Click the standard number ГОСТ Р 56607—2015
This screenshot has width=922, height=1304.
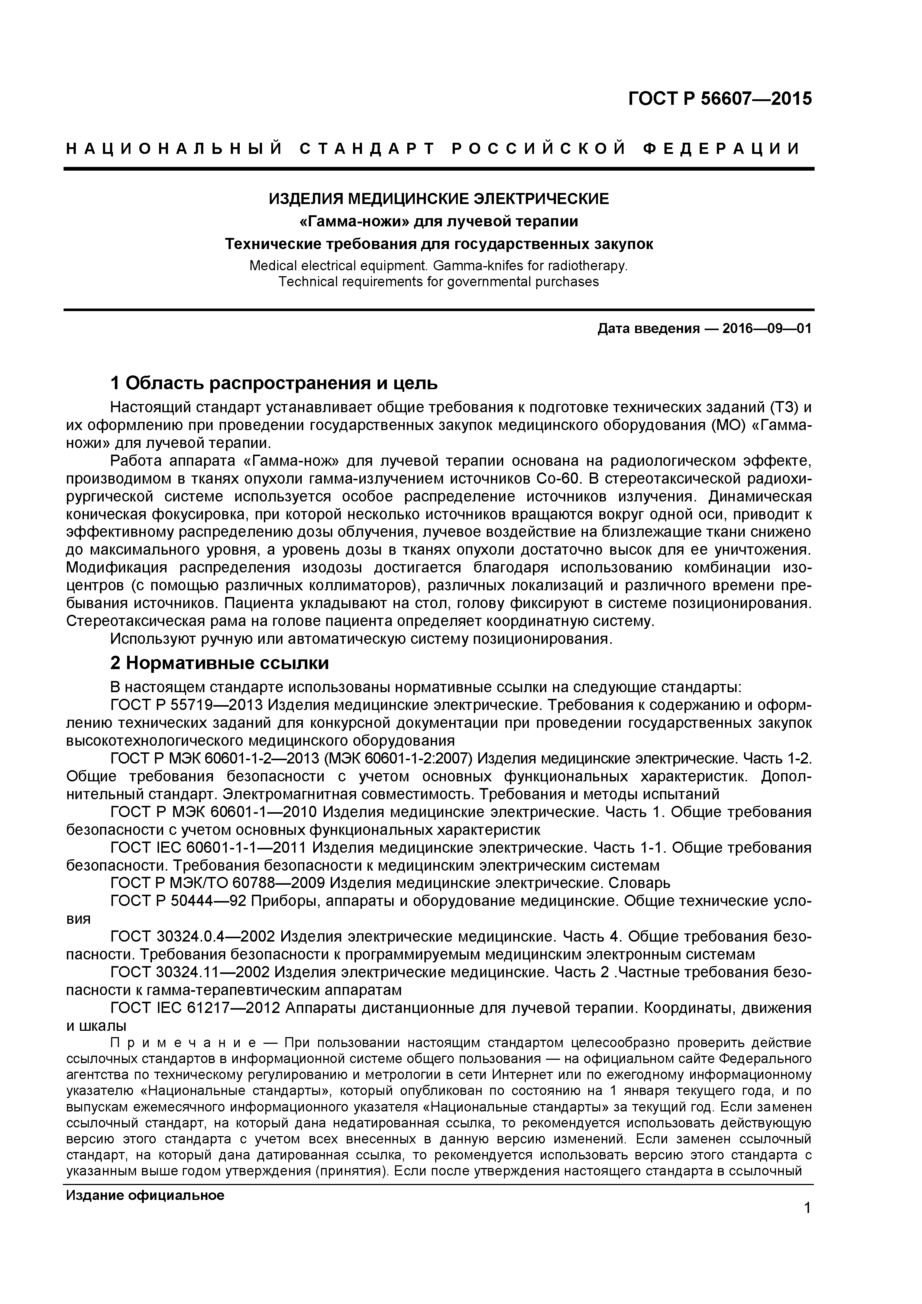click(x=720, y=99)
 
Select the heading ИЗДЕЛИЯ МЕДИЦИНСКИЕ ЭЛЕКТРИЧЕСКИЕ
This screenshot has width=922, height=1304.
click(x=438, y=199)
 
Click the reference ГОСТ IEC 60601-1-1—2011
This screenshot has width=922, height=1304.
click(x=208, y=848)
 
